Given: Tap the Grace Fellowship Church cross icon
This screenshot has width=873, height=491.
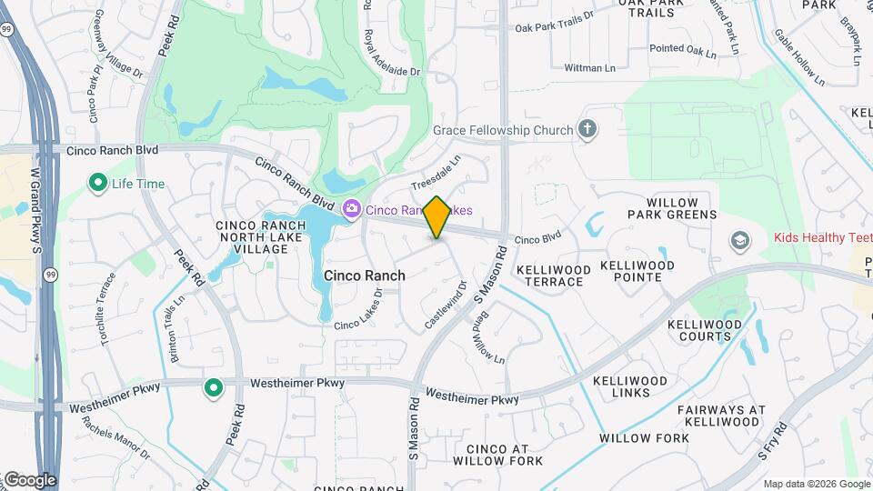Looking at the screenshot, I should pos(587,129).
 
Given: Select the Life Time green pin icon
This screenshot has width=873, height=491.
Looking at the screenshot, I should pos(97,184).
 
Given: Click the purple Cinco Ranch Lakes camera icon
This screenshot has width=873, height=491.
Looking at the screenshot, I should pos(351,210).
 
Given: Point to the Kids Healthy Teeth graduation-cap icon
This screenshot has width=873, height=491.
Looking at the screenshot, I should pos(740,239).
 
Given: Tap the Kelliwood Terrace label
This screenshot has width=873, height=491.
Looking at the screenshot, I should pos(549,276).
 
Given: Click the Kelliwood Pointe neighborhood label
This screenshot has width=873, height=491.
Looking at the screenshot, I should pos(637,272).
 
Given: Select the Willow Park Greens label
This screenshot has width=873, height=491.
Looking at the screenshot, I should pos(681,208).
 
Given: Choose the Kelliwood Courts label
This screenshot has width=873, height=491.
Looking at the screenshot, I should pos(699,330).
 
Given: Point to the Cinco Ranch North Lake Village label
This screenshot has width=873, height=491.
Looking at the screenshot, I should pos(253,236).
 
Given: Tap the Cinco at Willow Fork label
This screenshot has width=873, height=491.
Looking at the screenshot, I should pos(505,455).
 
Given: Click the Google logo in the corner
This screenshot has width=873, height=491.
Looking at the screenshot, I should pos(29,479).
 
